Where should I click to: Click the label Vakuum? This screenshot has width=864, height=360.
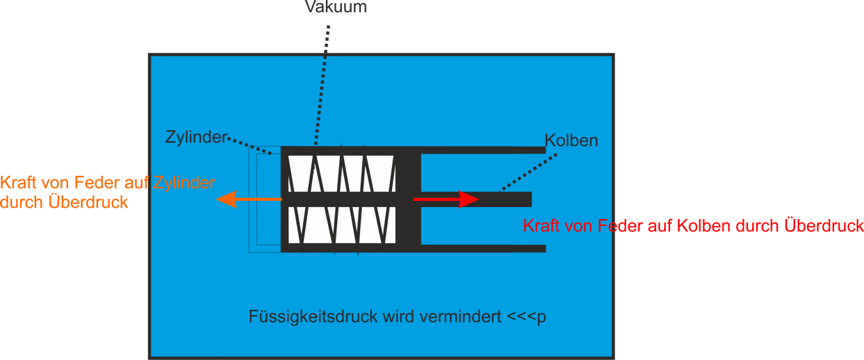click(336, 7)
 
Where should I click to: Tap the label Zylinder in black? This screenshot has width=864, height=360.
click(196, 138)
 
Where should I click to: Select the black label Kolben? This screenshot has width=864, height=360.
click(571, 140)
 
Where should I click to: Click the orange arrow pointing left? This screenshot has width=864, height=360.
click(249, 199)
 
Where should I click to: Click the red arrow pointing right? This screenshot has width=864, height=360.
click(446, 199)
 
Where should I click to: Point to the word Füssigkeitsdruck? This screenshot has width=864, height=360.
click(313, 317)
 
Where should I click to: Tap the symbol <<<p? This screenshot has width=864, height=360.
click(526, 317)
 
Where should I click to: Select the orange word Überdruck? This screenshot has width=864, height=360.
click(88, 202)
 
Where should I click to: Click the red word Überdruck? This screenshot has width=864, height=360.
click(824, 226)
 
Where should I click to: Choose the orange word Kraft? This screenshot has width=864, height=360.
click(19, 183)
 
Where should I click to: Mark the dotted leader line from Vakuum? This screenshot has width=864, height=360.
click(322, 85)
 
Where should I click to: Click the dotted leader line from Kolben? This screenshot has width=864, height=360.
click(528, 172)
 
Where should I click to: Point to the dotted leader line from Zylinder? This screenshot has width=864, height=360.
click(249, 146)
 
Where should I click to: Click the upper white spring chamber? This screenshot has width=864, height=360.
click(342, 174)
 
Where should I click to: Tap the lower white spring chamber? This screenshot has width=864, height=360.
click(342, 225)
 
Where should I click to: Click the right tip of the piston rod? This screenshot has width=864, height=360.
click(532, 199)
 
